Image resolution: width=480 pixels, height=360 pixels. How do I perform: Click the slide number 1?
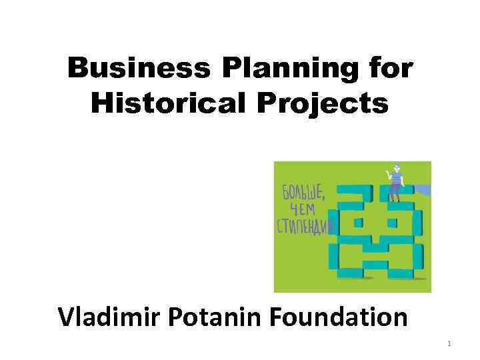pyautogui.click(x=449, y=344)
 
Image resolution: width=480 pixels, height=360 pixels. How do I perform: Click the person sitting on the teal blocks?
pyautogui.click(x=397, y=181)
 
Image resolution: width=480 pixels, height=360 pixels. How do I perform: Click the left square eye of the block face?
pyautogui.click(x=358, y=222)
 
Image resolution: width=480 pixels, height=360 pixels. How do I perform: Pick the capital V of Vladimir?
pyautogui.click(x=68, y=316)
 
